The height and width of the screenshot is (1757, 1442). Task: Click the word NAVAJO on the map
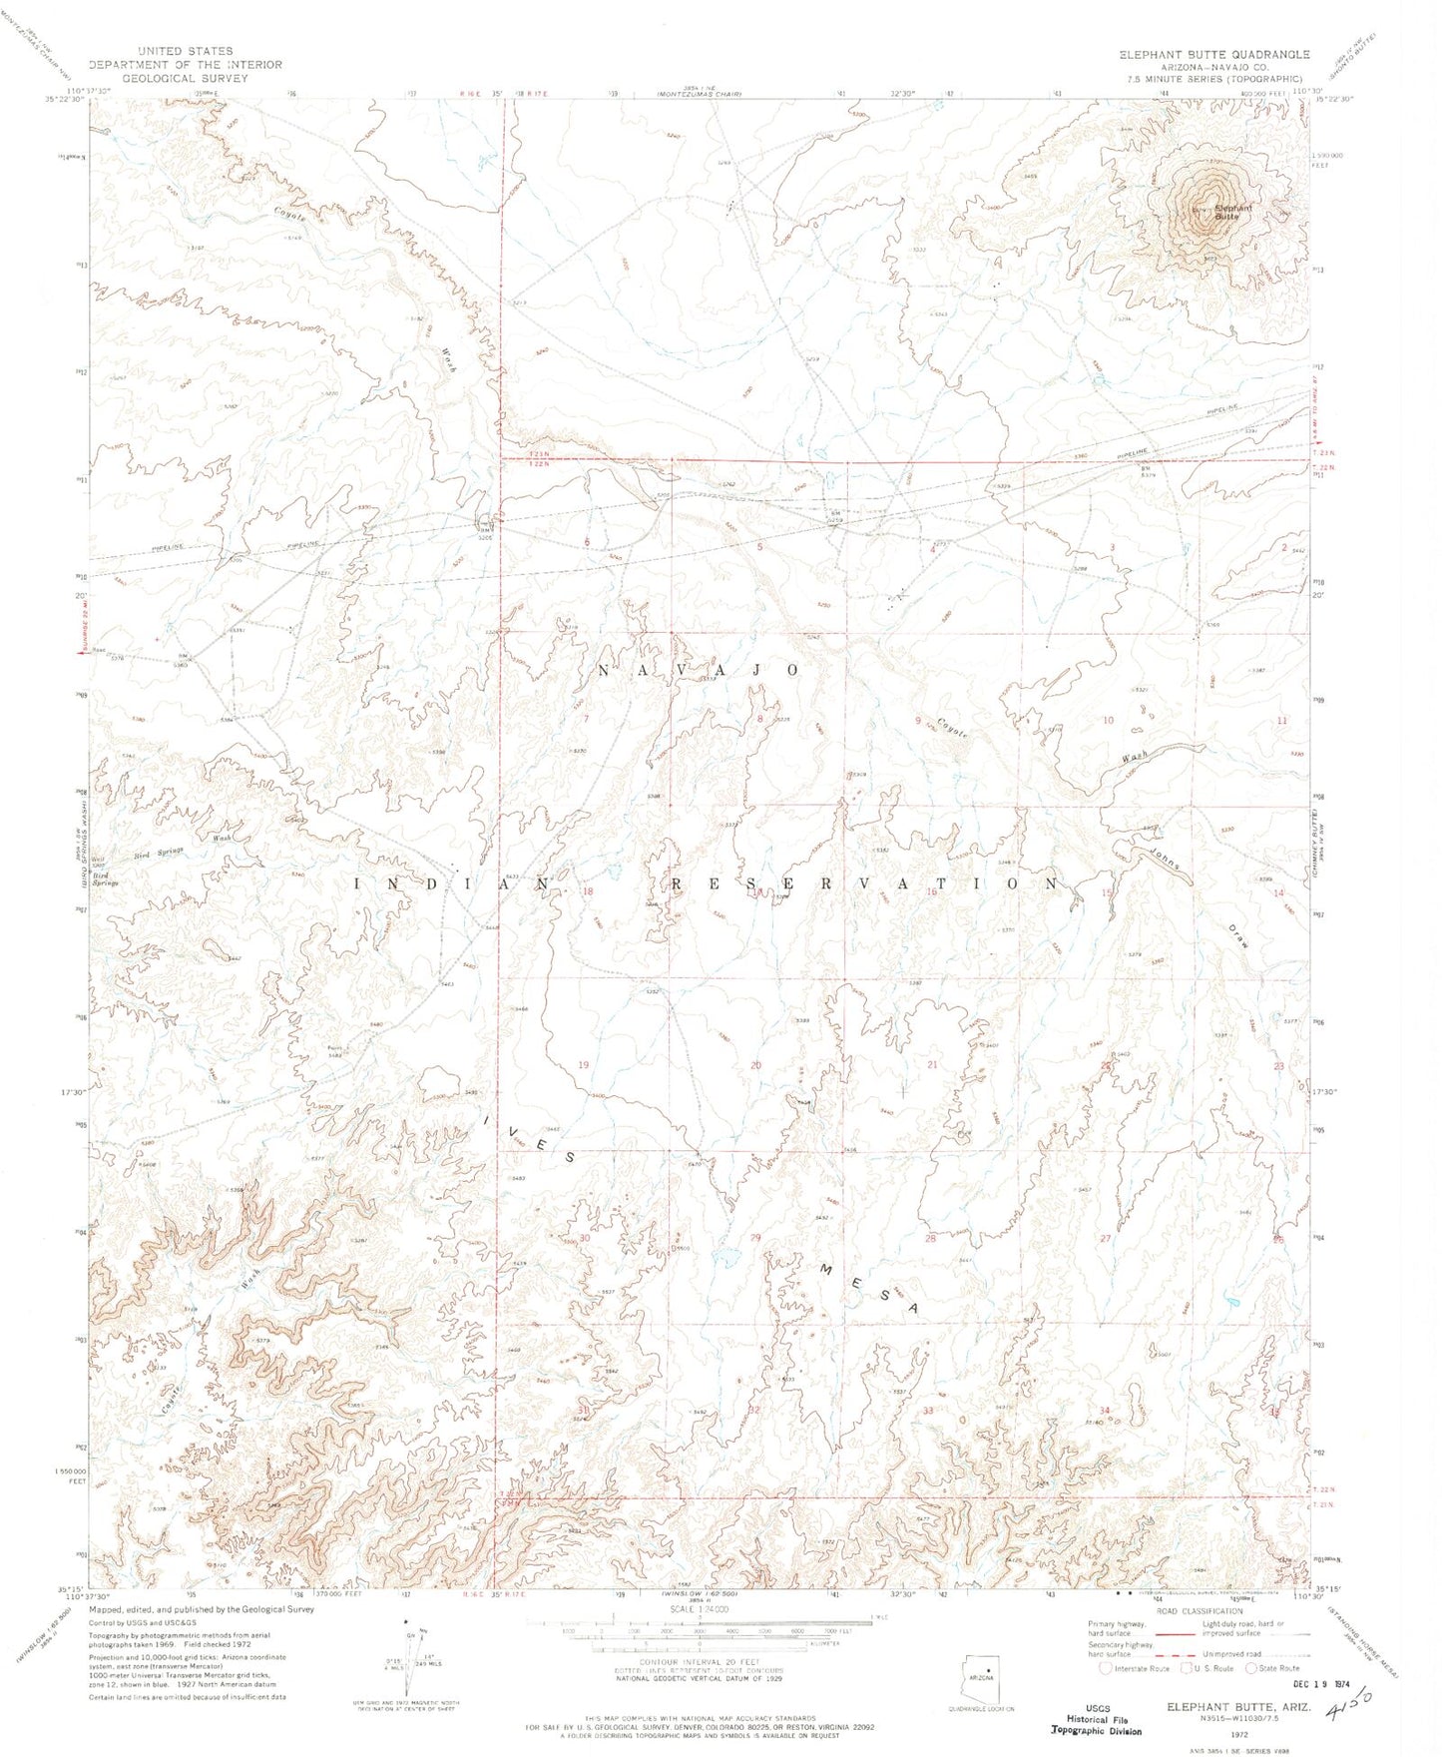tap(698, 670)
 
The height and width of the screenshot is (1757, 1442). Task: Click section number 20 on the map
tap(755, 1065)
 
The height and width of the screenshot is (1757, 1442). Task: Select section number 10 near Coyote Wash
tap(1108, 720)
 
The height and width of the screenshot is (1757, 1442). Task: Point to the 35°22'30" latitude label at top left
tap(63, 98)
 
